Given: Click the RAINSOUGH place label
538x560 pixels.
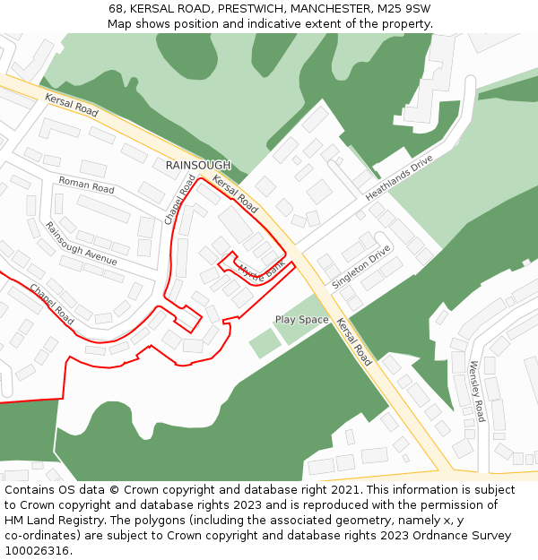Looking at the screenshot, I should point(198,166).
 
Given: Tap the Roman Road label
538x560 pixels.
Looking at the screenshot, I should point(87,185).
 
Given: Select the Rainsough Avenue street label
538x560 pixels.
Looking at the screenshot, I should point(82,243).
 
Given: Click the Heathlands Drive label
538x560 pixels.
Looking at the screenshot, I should point(399,177).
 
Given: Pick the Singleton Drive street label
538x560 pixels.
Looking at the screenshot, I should point(361,266).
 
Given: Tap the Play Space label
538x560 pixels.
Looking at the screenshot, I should point(301,320).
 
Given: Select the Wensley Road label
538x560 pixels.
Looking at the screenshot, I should point(477,391).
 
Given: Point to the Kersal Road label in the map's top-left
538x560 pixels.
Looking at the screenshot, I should point(72,106).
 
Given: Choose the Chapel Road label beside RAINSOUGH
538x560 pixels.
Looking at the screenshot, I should point(179,199).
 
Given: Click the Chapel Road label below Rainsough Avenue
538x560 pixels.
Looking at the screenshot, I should point(52,304).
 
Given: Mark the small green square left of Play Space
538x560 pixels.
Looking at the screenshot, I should point(264,342).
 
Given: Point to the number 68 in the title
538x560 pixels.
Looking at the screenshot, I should point(117,8).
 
